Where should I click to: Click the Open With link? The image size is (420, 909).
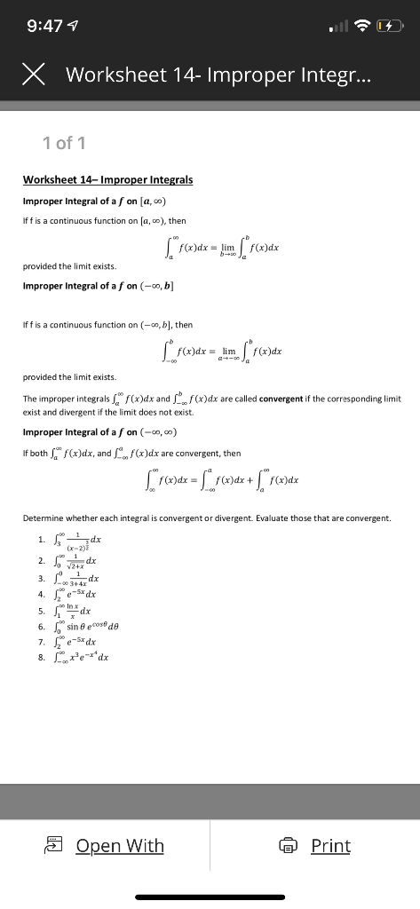[120, 845]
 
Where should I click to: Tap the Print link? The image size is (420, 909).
[330, 845]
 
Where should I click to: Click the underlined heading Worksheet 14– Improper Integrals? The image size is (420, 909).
[107, 179]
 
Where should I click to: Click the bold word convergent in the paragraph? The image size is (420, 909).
[283, 399]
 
